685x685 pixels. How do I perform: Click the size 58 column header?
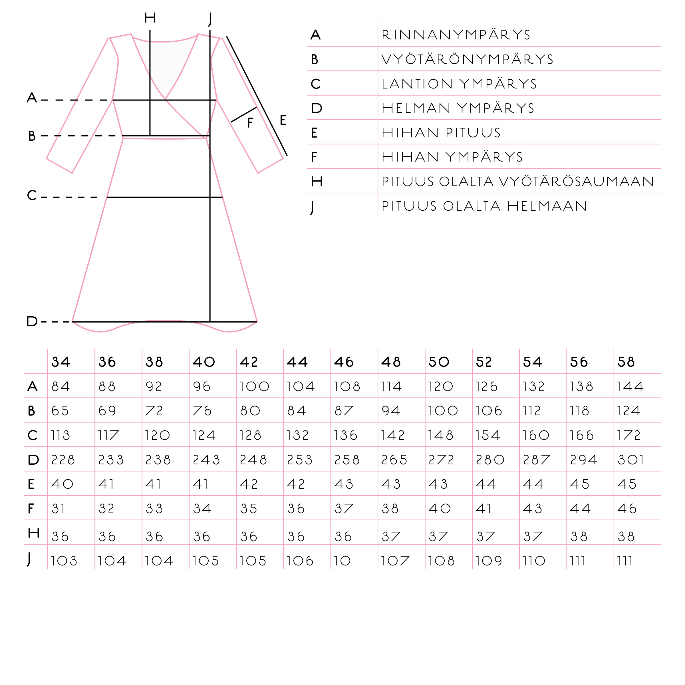pyautogui.click(x=626, y=362)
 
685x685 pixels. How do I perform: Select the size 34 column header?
pyautogui.click(x=60, y=362)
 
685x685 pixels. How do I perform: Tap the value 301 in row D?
pyautogui.click(x=630, y=460)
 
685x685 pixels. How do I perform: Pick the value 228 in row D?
pyautogui.click(x=63, y=460)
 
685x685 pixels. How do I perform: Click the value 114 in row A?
pyautogui.click(x=391, y=386)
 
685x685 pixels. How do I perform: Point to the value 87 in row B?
pyautogui.click(x=344, y=411)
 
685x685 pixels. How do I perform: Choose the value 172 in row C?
pyautogui.click(x=628, y=435)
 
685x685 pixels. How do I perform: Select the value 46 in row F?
pyautogui.click(x=626, y=509)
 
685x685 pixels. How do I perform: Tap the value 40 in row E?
pyautogui.click(x=62, y=484)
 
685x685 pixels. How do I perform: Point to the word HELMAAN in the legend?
pyautogui.click(x=547, y=206)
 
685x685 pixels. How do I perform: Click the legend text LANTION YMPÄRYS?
pyautogui.click(x=459, y=84)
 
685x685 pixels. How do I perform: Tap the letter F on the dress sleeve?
pyautogui.click(x=250, y=123)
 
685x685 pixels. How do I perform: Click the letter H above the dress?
pyautogui.click(x=150, y=17)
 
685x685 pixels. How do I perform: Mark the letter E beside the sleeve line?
pyautogui.click(x=283, y=120)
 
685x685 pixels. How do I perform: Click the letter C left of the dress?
pyautogui.click(x=32, y=195)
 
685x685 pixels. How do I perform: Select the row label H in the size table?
pyautogui.click(x=33, y=533)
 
